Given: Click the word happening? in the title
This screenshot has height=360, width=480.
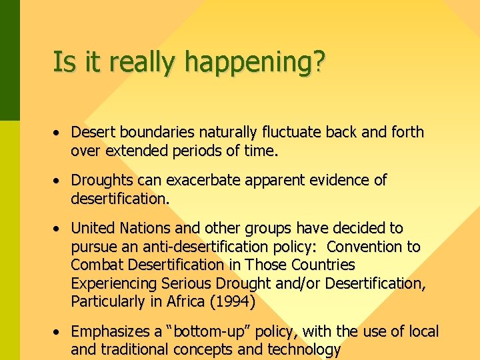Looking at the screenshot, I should [255, 63].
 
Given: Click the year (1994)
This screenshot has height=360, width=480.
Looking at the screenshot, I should [232, 301].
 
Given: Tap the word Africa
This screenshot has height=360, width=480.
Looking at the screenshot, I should [183, 301].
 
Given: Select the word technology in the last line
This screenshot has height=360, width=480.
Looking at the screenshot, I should [304, 349].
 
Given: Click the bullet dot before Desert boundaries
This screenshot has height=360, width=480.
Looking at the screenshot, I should [59, 133].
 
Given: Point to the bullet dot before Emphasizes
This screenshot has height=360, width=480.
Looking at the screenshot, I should [59, 332].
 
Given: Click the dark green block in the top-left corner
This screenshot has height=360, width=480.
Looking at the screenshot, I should [9, 60].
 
